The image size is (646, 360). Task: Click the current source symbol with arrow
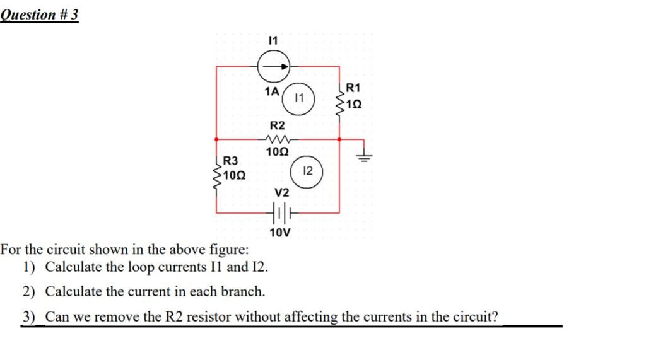[274, 64]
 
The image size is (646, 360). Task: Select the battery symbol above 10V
[280, 214]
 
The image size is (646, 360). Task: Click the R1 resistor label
[353, 88]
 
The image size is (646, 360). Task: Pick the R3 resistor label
[231, 162]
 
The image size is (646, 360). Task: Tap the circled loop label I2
[307, 171]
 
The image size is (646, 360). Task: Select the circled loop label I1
[300, 98]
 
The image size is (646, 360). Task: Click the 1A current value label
[272, 91]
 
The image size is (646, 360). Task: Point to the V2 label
[281, 192]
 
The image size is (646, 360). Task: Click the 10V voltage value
[279, 233]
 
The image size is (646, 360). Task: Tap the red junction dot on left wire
[216, 139]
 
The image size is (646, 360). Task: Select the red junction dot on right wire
[340, 139]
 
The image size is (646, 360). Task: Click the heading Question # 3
[40, 15]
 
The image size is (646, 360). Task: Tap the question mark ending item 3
[502, 316]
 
